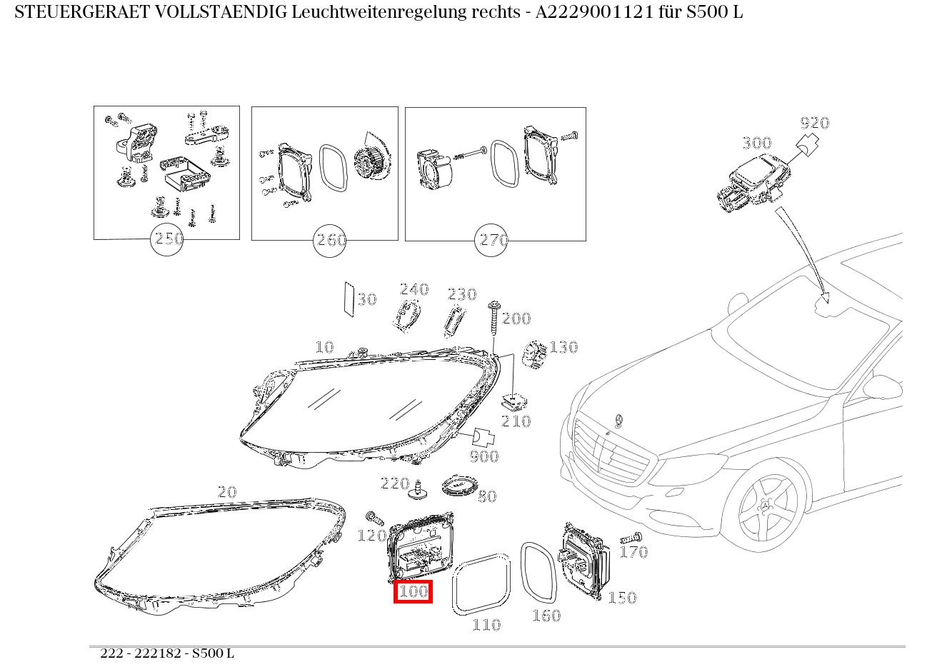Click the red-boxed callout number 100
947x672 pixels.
[x=413, y=591]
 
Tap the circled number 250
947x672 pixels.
[x=169, y=239]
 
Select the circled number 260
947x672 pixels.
[x=331, y=240]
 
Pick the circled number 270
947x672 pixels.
[x=492, y=240]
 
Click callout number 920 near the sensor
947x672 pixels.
[x=814, y=123]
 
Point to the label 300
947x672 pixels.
[x=756, y=143]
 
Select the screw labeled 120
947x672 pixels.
[x=371, y=516]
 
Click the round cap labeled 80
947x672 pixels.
[x=459, y=487]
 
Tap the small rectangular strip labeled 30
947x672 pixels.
[x=349, y=299]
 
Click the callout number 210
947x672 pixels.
[x=516, y=421]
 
